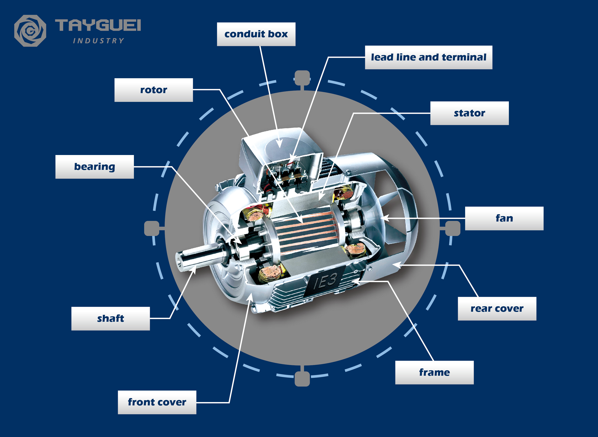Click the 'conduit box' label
[256, 34]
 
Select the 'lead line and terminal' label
[428, 57]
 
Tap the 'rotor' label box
[153, 90]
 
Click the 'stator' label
[469, 113]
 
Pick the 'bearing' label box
[94, 167]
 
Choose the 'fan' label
[504, 218]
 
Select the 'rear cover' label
[497, 309]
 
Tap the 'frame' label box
[434, 372]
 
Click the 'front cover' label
[157, 402]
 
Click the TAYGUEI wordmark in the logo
[98, 25]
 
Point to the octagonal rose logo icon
[30, 31]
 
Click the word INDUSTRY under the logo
[98, 41]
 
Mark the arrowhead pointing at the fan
[386, 218]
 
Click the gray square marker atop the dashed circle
[302, 78]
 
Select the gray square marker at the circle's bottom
[302, 379]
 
